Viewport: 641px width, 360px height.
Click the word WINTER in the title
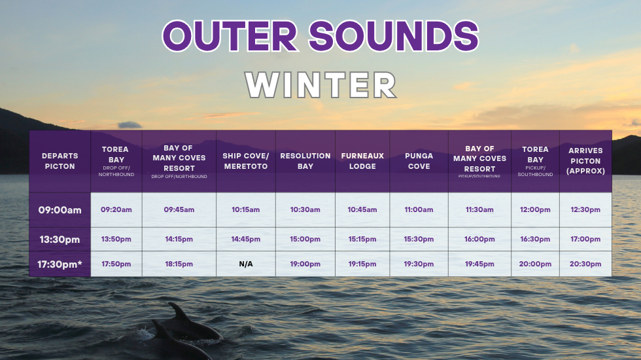(x=321, y=85)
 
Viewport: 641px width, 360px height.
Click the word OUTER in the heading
(x=230, y=36)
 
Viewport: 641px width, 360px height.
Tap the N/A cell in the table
(x=246, y=264)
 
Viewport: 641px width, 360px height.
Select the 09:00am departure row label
(x=60, y=210)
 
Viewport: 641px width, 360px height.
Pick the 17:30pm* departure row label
(x=60, y=264)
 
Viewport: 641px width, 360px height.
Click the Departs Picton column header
(x=60, y=161)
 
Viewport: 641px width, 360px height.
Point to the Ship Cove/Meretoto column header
(x=246, y=161)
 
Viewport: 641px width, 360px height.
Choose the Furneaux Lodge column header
(x=362, y=161)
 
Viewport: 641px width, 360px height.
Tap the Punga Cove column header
(x=419, y=161)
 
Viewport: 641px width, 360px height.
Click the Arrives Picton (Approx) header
(x=585, y=161)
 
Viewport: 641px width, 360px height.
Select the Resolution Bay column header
(x=305, y=161)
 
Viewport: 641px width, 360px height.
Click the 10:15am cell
(x=246, y=209)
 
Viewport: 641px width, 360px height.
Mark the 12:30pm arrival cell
(x=585, y=209)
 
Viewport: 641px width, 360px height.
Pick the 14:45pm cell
(x=246, y=239)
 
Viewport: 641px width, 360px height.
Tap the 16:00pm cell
(x=479, y=239)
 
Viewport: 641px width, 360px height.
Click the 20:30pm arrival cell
(x=585, y=264)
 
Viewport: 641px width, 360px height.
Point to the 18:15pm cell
(x=179, y=264)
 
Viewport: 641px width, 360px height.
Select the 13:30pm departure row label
(x=60, y=240)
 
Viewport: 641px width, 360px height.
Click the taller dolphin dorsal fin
(x=179, y=312)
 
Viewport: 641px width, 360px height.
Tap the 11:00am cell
(x=419, y=209)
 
